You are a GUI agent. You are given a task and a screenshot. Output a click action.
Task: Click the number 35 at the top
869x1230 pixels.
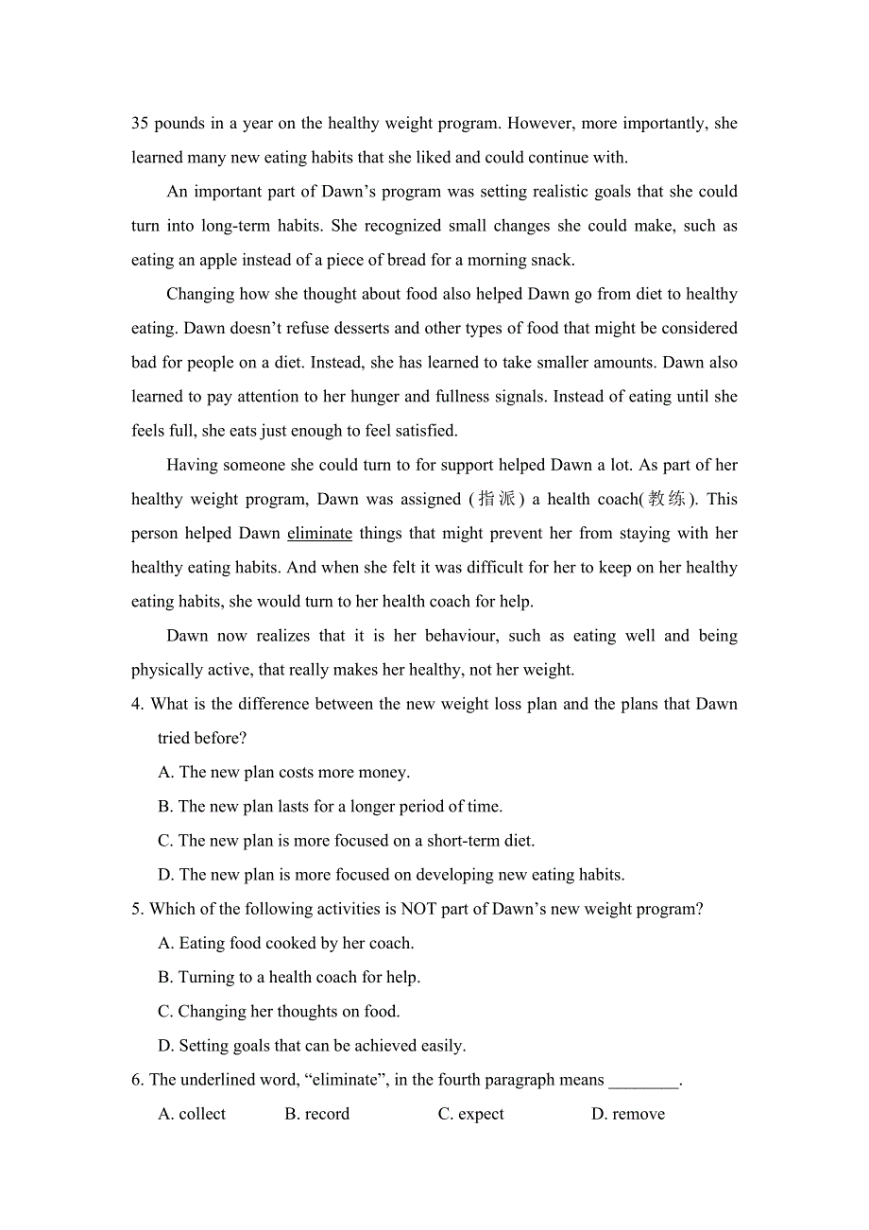[140, 124]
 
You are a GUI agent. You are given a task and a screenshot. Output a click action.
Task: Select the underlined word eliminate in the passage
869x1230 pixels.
[319, 534]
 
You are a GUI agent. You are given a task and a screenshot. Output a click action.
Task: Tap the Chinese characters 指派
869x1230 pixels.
[497, 499]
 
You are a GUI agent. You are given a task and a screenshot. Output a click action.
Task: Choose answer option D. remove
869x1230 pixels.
[627, 1115]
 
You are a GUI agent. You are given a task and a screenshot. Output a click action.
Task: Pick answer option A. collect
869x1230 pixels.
[192, 1115]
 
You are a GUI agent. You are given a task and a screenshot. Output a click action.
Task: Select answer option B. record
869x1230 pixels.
[316, 1115]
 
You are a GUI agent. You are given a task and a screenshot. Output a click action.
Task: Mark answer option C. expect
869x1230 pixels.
[470, 1115]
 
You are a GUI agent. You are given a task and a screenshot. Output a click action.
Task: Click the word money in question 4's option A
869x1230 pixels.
[383, 773]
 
